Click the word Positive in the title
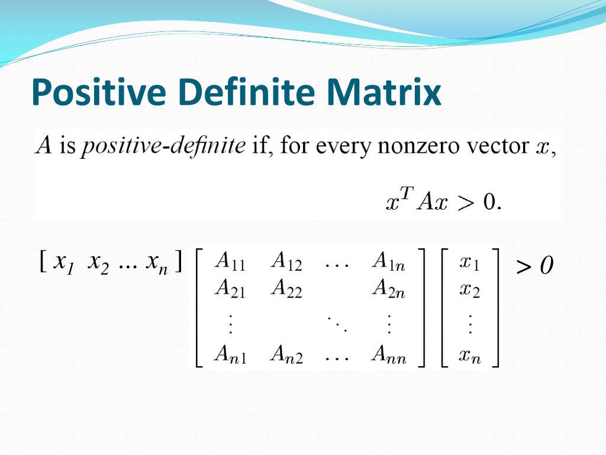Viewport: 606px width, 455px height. pos(99,92)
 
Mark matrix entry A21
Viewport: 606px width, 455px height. pos(230,289)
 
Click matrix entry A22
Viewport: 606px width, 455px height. pos(286,289)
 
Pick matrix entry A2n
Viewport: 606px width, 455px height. pos(389,289)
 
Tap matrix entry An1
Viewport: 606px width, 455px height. pos(230,354)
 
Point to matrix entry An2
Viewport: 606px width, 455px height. pos(286,354)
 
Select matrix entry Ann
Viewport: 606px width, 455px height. pos(389,354)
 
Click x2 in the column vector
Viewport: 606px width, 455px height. pos(470,290)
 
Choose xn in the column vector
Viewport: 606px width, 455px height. pos(470,355)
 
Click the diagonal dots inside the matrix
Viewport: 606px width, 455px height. pos(337,324)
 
